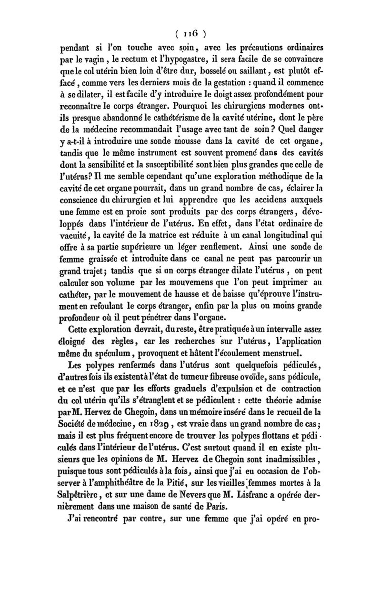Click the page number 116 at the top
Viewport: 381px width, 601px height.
(190, 34)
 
